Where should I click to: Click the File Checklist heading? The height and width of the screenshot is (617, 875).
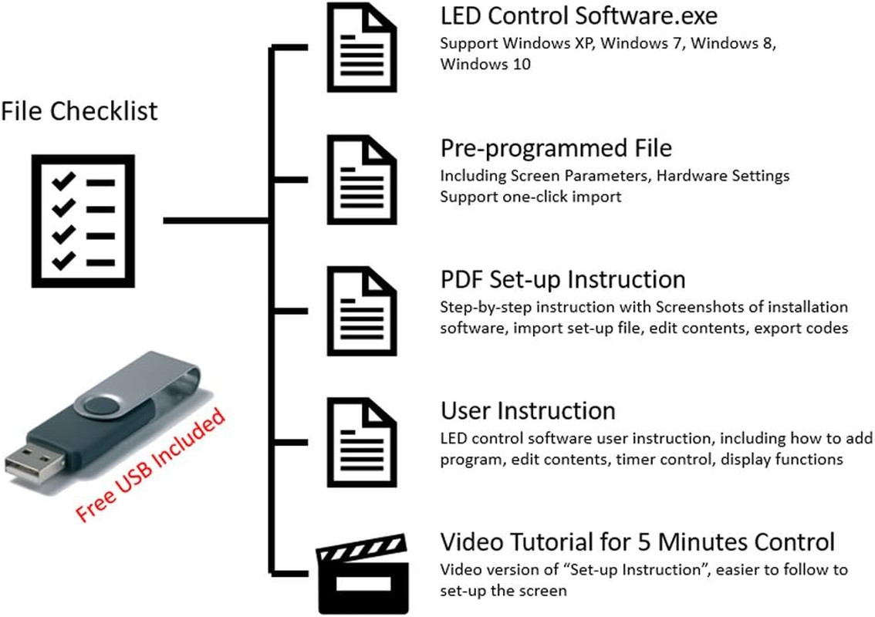79,111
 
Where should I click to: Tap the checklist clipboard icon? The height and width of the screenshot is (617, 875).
83,221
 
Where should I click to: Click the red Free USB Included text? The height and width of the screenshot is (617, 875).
150,464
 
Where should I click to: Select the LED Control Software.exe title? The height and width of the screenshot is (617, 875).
579,15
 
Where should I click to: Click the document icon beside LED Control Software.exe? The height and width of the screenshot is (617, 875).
362,47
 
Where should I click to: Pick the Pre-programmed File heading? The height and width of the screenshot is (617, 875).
556,148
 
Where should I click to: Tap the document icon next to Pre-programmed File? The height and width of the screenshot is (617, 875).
362,179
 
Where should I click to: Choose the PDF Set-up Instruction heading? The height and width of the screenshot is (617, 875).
562,279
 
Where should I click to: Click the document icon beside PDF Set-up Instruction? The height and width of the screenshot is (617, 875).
362,311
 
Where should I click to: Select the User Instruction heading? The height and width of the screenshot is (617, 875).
528,410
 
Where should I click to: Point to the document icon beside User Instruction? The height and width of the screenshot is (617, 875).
362,443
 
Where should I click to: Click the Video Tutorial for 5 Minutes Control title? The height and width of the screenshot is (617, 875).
637,541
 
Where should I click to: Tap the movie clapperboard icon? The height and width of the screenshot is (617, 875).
363,574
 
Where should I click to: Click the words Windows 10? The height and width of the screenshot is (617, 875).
485,64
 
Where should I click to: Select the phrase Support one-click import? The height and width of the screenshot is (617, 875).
530,197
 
